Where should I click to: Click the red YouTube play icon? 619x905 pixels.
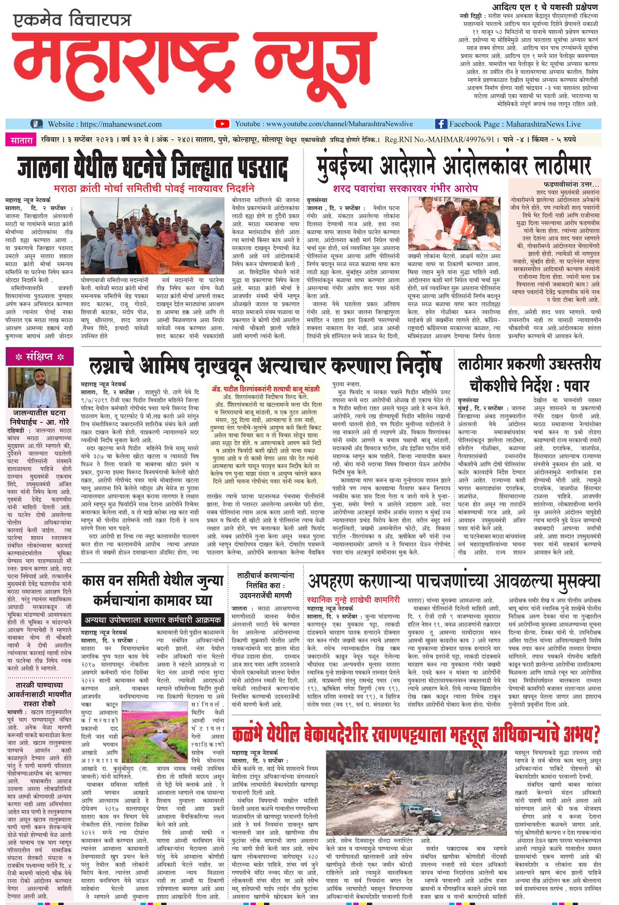coord(222,124)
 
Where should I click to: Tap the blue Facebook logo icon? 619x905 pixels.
coord(440,124)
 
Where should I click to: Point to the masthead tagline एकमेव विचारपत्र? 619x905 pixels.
coord(72,20)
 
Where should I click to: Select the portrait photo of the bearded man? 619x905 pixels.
coord(40,386)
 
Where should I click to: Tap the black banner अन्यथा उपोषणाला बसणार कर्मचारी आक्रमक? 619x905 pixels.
coord(153,620)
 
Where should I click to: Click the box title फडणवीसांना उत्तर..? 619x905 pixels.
coord(571,184)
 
